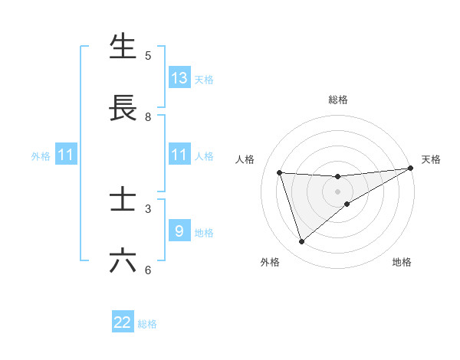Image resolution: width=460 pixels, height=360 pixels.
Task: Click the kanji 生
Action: tap(123, 47)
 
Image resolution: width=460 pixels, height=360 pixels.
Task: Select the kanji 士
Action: tap(123, 201)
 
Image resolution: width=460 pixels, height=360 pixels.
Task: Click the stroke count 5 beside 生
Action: tap(148, 55)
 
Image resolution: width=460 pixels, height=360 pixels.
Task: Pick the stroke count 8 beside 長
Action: tap(148, 116)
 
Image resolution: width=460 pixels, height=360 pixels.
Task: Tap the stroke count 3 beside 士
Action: tap(148, 208)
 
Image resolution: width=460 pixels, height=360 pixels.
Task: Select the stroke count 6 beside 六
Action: tap(148, 270)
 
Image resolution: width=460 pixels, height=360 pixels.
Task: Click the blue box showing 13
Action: tap(179, 78)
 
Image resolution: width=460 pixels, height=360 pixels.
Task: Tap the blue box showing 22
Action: tap(123, 322)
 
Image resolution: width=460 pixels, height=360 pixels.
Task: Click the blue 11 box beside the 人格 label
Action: tap(179, 155)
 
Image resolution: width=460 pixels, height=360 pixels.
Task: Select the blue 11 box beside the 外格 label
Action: tap(66, 155)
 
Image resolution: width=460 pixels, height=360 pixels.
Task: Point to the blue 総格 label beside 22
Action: tap(147, 324)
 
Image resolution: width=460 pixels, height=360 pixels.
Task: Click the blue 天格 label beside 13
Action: tap(204, 80)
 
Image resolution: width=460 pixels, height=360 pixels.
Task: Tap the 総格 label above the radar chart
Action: tap(338, 100)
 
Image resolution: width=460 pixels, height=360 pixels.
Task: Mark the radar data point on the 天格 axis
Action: tap(410, 169)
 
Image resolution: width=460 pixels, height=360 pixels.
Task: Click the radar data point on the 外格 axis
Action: tap(301, 242)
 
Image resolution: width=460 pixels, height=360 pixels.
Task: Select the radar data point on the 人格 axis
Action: tap(280, 172)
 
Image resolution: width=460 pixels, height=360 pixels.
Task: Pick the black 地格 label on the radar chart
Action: tap(402, 263)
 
